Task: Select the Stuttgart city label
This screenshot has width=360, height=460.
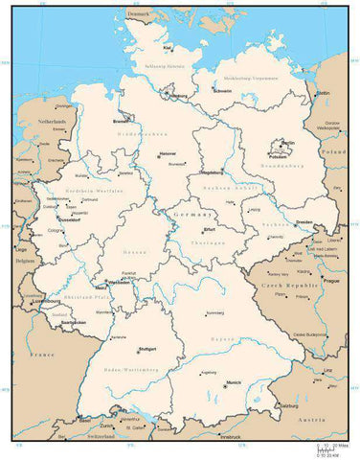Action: (x=147, y=349)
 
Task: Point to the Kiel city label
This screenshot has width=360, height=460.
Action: (x=168, y=47)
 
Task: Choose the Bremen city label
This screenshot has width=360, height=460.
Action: (x=122, y=122)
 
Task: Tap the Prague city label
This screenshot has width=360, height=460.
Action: (x=331, y=282)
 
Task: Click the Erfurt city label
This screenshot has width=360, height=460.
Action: (x=210, y=230)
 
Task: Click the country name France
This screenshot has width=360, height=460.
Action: (x=40, y=355)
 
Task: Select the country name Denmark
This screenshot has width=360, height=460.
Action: (x=140, y=14)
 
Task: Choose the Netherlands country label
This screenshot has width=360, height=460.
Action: (x=52, y=124)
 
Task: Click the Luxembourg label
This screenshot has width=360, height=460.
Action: (x=45, y=301)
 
